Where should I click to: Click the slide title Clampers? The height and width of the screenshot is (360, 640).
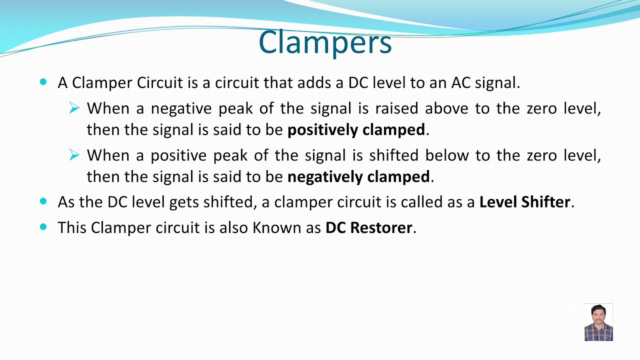point(325,43)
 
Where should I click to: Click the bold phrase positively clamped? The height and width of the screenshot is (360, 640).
point(356,130)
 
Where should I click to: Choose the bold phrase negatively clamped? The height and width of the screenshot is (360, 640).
point(358,176)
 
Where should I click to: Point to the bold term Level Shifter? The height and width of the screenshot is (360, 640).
point(524,202)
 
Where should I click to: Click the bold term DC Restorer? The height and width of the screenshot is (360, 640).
point(369,227)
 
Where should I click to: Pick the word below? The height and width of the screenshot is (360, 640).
point(447,155)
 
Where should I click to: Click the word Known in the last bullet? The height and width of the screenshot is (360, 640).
point(274,227)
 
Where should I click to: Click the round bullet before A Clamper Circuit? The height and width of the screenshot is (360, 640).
point(43,81)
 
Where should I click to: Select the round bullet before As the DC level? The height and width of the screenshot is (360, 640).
point(43,201)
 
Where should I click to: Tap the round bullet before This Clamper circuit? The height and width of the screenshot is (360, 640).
point(43,226)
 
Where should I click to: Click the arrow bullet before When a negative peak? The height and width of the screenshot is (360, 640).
point(74,108)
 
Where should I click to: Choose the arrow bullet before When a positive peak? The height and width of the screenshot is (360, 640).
point(74,155)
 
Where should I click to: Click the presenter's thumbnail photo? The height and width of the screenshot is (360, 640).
point(598,322)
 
